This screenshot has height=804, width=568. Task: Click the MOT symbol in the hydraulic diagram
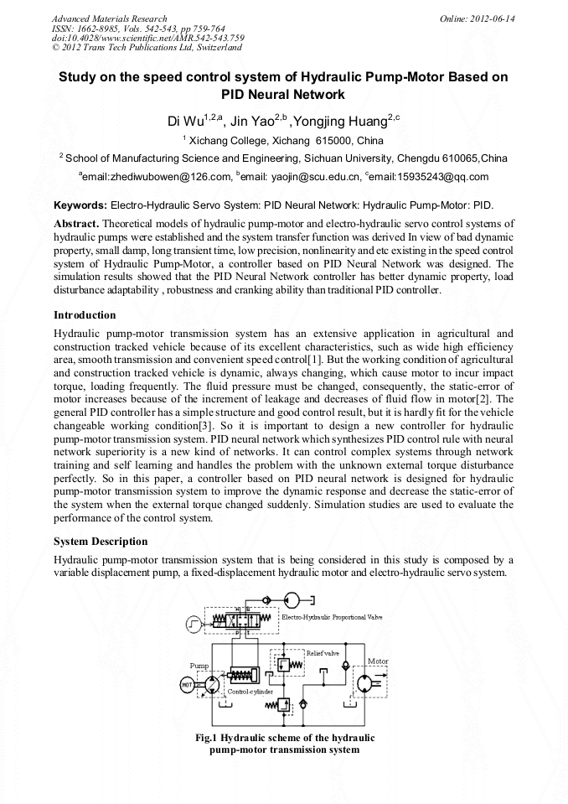pos(187,684)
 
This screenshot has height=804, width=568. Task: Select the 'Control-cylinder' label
pos(239,692)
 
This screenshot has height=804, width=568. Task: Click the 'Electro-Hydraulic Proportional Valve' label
pos(332,617)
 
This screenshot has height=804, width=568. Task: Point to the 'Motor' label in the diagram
pos(378,661)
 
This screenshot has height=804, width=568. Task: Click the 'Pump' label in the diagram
pos(199,666)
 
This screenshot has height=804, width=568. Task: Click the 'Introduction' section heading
pos(85,315)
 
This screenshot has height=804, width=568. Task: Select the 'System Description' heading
pos(101,542)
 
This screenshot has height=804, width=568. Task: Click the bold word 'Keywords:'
pos(80,205)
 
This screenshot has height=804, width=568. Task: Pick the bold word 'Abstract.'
pos(76,224)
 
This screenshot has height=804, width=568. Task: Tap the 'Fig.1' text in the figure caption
pos(207,738)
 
